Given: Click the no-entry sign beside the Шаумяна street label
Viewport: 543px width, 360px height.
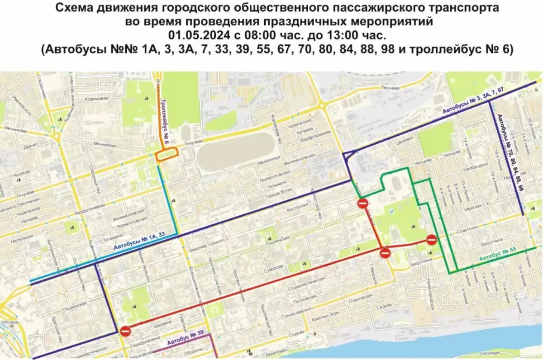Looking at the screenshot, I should (126, 332).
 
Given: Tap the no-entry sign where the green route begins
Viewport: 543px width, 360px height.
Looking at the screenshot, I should (363, 204).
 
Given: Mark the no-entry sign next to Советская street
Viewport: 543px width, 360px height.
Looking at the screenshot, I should (432, 240).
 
